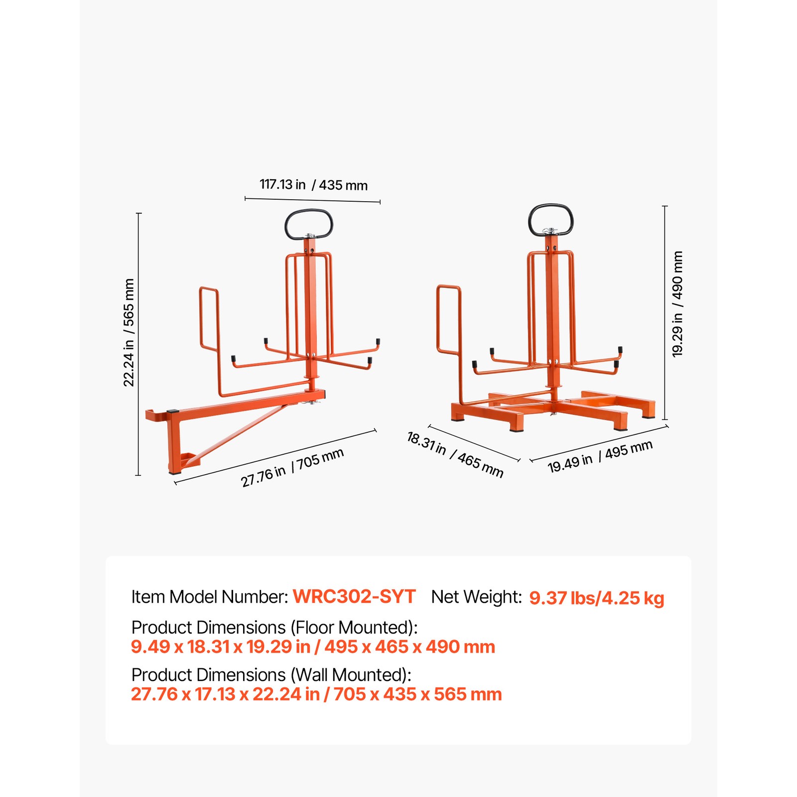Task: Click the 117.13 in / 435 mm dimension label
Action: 313,185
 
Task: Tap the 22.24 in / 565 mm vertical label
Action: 129,332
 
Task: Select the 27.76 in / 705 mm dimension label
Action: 292,467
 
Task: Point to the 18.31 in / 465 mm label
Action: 455,454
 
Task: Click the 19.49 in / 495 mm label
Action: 600,456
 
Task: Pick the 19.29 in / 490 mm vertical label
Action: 677,304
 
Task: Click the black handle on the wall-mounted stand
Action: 309,224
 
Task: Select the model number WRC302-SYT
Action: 354,597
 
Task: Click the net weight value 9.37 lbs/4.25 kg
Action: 596,598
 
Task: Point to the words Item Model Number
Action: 209,597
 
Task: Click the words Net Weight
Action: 476,597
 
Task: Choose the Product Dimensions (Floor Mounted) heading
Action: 274,627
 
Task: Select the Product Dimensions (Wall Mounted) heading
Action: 271,675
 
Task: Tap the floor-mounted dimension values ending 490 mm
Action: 313,647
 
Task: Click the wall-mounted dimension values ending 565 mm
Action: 316,694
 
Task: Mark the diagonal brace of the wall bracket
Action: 239,432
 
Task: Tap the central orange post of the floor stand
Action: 551,319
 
